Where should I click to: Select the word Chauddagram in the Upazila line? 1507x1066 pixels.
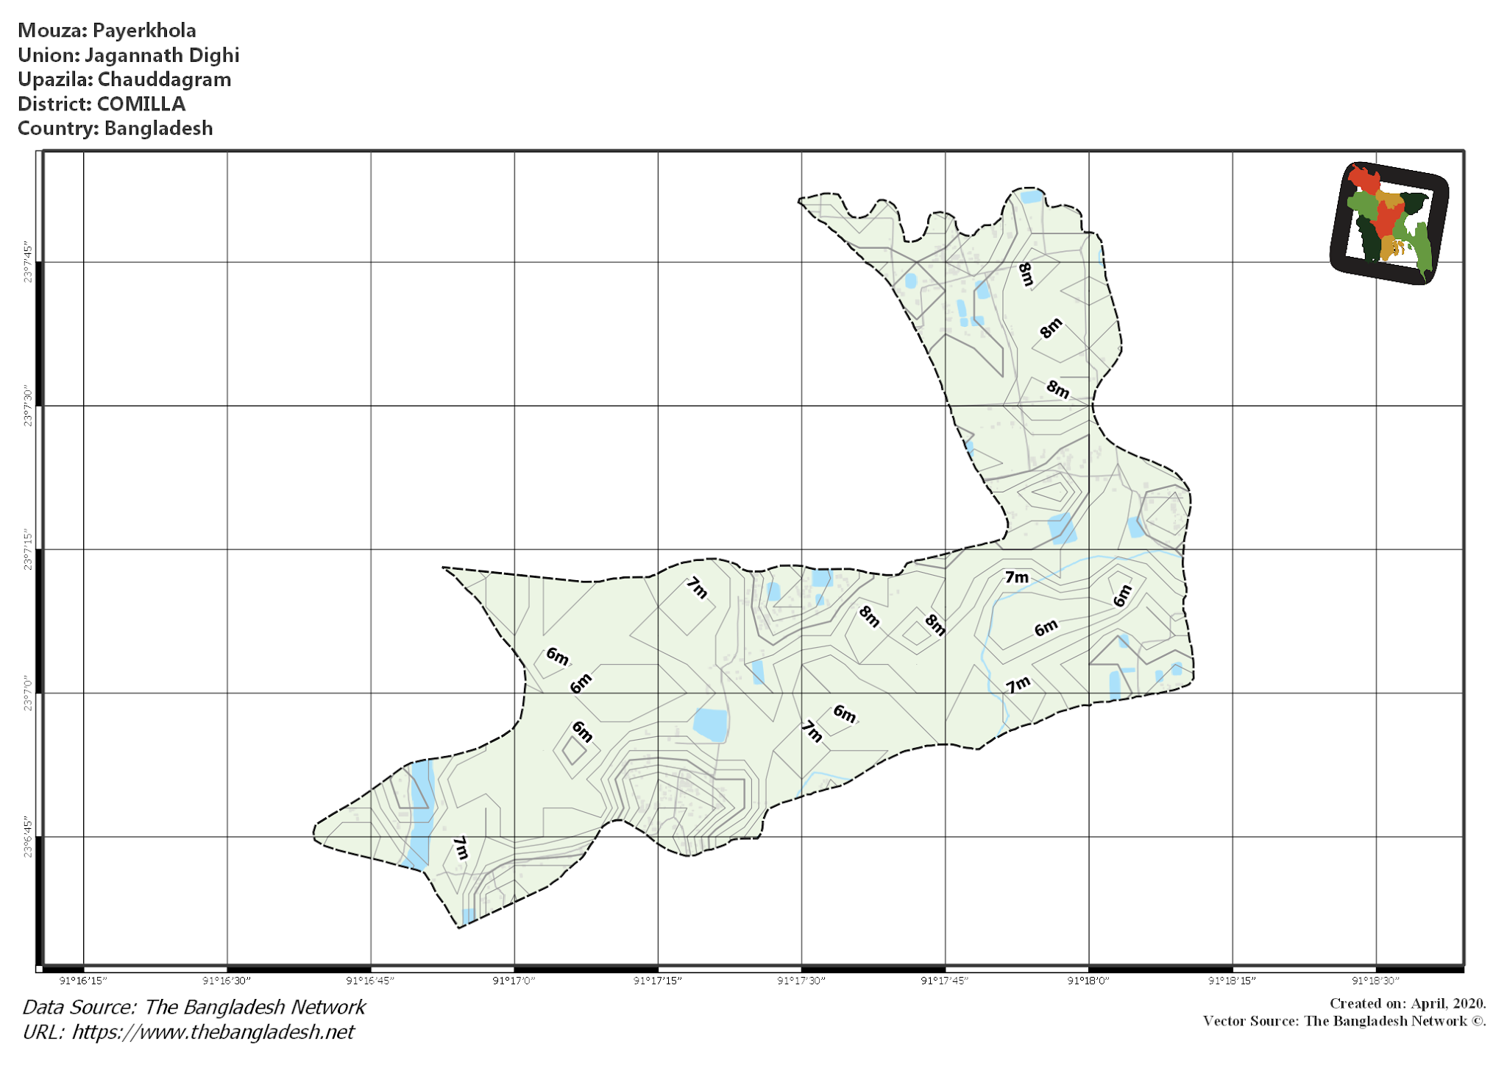164,80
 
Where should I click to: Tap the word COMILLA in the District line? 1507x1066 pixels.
141,104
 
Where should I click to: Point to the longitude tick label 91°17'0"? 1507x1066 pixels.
514,981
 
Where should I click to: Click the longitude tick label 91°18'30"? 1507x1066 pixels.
1375,981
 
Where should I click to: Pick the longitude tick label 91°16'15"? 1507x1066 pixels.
83,981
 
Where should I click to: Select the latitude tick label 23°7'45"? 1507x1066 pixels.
28,262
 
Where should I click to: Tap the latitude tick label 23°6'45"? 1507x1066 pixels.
28,836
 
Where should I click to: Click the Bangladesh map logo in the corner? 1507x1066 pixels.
1389,223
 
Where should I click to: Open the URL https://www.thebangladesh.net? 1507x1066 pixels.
213,1032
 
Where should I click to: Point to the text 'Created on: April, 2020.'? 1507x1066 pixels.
1407,1003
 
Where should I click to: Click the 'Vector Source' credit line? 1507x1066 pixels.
1344,1021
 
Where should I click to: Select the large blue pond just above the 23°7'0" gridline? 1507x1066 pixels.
710,724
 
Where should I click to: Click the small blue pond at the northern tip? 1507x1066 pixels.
1031,197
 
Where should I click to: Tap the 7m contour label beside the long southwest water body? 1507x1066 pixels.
461,847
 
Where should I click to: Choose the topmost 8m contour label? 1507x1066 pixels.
1026,274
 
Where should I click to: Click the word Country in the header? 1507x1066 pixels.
57,128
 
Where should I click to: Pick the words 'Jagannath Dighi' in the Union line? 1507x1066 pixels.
162,55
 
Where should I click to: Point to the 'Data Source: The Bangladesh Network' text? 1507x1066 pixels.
194,1007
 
